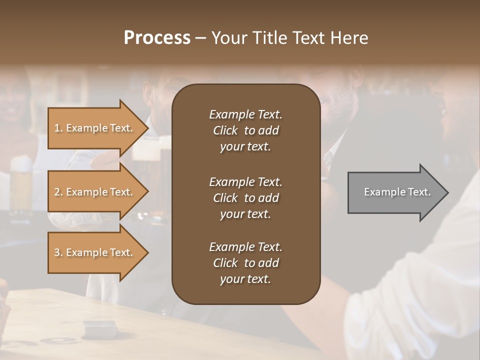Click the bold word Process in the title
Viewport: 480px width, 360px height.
(x=157, y=38)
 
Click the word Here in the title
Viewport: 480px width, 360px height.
(x=349, y=38)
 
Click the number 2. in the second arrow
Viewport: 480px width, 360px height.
(x=58, y=192)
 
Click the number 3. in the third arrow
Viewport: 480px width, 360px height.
(x=58, y=252)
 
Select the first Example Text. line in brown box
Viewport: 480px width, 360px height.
(x=245, y=114)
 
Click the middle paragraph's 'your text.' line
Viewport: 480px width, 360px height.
(x=245, y=214)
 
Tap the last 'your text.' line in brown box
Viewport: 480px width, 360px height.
(x=245, y=279)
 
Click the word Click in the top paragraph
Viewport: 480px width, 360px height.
(x=225, y=130)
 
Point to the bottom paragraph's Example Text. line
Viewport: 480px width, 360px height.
(x=245, y=247)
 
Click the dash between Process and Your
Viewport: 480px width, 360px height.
(x=201, y=38)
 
